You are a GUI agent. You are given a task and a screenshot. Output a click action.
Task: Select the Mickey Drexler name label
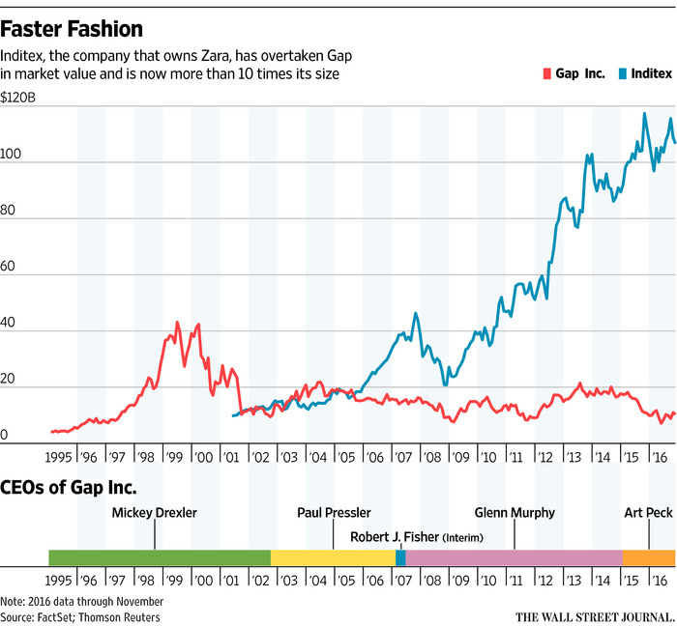coord(155,513)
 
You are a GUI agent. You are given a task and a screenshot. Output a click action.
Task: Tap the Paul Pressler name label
coord(334,513)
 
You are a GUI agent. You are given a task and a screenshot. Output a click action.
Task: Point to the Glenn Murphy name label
coord(515,513)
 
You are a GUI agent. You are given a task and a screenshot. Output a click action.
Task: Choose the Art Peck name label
coord(649,513)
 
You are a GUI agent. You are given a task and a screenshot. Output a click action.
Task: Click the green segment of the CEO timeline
coord(160,557)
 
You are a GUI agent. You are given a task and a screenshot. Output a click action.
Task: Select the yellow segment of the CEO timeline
coord(333,557)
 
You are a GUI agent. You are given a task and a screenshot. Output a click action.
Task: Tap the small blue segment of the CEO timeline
coord(400,557)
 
